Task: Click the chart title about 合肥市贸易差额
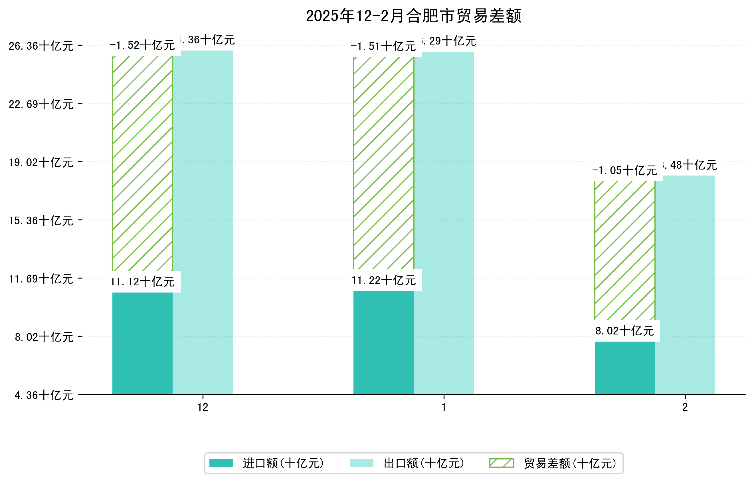(413, 16)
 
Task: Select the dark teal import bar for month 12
(142, 343)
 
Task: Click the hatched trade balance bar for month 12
(142, 163)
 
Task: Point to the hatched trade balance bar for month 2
(624, 251)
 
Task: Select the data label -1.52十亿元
(142, 45)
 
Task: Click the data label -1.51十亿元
(383, 46)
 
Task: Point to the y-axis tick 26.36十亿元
(41, 46)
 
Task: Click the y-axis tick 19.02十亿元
(41, 162)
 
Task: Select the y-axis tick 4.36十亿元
(44, 395)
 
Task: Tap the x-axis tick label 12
(203, 407)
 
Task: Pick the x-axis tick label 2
(685, 407)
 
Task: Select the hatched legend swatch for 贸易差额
(501, 463)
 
